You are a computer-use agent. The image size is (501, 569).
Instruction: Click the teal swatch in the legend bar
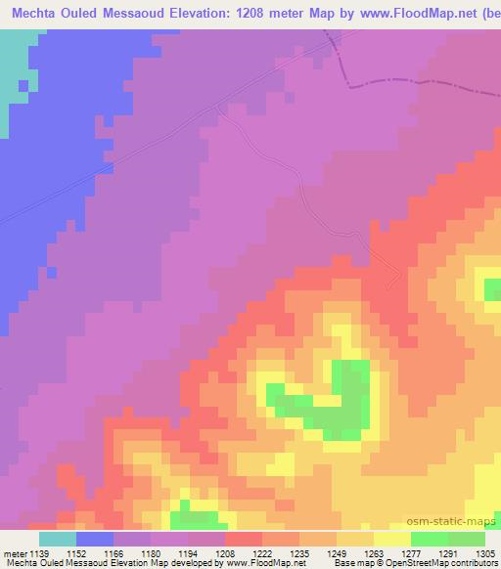57,539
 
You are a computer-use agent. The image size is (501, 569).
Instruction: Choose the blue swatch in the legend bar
95,539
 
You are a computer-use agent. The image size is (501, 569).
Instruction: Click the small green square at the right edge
491,288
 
